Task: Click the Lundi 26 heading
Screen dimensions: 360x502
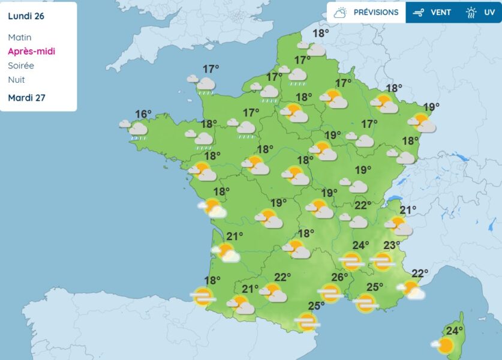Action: [x=26, y=16]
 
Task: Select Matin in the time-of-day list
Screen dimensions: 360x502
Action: [x=20, y=37]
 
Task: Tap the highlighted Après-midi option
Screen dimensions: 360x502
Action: [x=31, y=51]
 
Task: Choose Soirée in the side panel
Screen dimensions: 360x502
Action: [x=21, y=65]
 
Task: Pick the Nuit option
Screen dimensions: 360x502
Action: [x=16, y=80]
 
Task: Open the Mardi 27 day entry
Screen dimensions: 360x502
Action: [x=26, y=98]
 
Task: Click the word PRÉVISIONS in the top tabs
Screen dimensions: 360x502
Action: [x=375, y=12]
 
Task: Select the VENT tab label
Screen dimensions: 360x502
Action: [x=441, y=12]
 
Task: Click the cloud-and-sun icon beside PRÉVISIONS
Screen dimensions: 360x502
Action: [x=341, y=12]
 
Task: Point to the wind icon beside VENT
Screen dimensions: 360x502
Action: [x=419, y=12]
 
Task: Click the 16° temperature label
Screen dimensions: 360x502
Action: [x=143, y=114]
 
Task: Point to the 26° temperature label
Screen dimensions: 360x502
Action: [x=340, y=277]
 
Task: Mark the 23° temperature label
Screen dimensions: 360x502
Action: [x=392, y=245]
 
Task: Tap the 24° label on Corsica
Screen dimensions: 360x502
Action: [x=455, y=330]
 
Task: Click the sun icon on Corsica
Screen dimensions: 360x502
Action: [x=444, y=346]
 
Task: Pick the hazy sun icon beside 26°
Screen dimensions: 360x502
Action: [x=329, y=293]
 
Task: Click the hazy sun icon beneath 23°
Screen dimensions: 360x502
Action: [x=382, y=261]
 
